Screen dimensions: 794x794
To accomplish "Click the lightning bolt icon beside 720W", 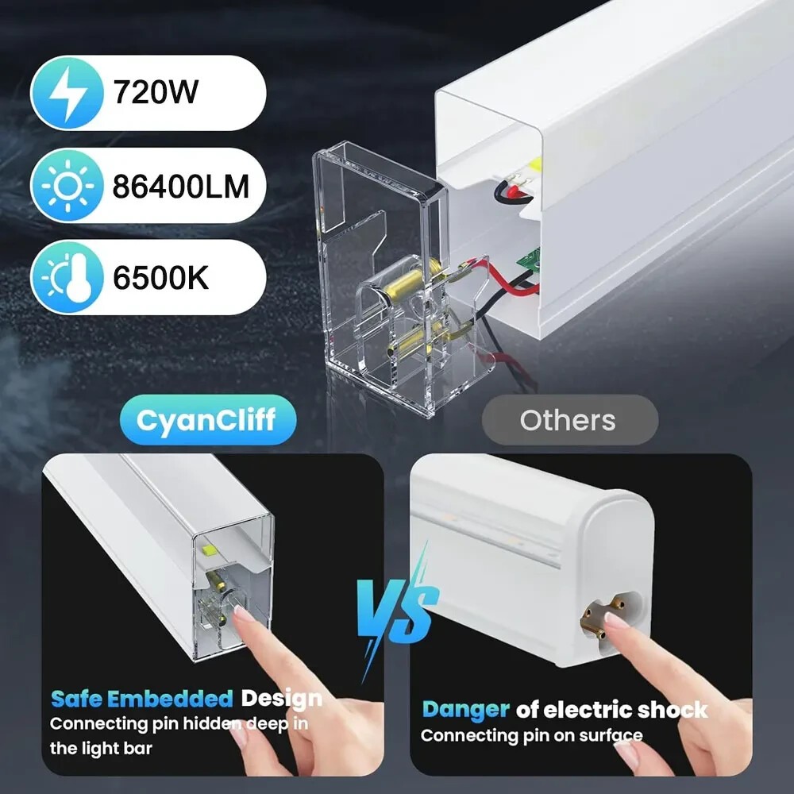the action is [67, 93].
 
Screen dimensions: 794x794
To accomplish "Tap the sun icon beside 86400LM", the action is [67, 186].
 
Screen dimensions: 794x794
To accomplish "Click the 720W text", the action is [156, 92].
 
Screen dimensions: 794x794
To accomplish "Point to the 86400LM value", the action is [181, 186].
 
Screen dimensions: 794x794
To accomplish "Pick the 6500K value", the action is [160, 277].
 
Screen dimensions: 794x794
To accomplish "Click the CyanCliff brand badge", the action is [207, 420].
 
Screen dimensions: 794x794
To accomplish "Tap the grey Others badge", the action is [569, 420].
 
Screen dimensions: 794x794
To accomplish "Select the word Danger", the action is [465, 710].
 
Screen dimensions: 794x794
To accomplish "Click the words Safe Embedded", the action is [142, 699].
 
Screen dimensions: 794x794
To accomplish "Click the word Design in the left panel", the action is [282, 699].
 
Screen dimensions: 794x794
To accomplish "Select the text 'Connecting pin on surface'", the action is [532, 735].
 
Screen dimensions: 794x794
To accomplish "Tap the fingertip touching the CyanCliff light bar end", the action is [242, 616].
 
